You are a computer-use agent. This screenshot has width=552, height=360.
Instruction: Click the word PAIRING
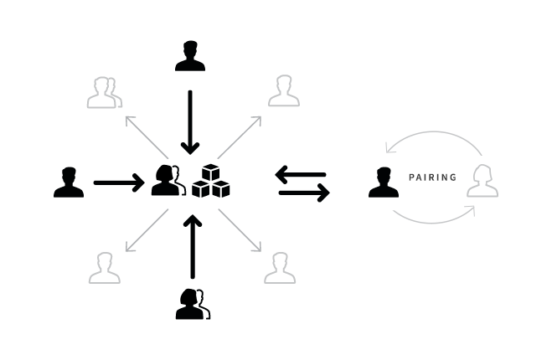click(432, 177)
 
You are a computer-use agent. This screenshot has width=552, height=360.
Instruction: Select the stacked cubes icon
click(211, 181)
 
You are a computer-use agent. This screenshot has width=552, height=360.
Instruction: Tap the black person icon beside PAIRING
click(384, 183)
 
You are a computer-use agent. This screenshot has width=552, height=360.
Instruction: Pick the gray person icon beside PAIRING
click(482, 182)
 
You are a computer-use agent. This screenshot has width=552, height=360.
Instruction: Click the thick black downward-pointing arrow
click(190, 121)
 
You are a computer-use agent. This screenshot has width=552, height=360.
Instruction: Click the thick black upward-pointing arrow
click(193, 247)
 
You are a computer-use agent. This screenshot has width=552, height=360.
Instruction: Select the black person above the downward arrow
click(190, 56)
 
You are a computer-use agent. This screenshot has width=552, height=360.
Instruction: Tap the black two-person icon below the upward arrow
click(192, 303)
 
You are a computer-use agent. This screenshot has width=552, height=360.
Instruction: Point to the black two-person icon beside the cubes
click(168, 181)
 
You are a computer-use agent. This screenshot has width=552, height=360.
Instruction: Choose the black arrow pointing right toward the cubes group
click(118, 183)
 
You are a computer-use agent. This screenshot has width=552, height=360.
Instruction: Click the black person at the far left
click(69, 183)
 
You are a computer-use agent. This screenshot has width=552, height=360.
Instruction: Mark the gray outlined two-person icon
click(104, 93)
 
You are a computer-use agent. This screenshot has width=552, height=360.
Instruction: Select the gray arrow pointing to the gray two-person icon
click(145, 135)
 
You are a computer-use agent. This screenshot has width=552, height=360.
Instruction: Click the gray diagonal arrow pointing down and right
click(240, 230)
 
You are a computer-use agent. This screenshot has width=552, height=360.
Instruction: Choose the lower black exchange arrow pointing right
click(304, 193)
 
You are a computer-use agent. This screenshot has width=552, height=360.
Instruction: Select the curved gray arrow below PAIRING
click(434, 217)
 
